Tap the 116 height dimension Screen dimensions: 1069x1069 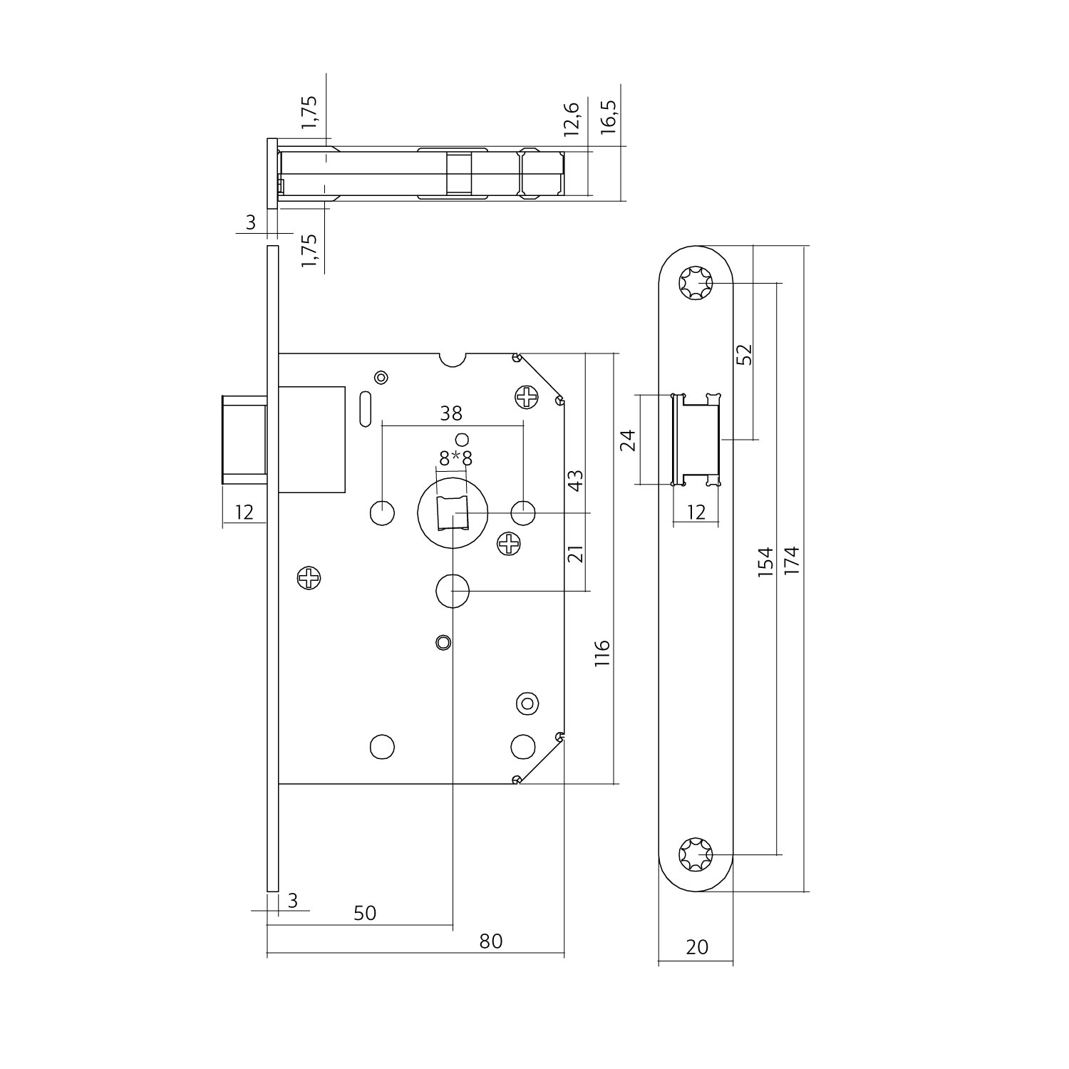pyautogui.click(x=602, y=653)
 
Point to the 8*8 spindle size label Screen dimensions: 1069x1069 pyautogui.click(x=455, y=458)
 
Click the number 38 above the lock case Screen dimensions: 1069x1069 pyautogui.click(x=451, y=413)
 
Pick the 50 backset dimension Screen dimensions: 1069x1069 pyautogui.click(x=364, y=913)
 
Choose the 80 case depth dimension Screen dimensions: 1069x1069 pyautogui.click(x=490, y=941)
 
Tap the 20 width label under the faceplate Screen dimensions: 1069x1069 pyautogui.click(x=697, y=946)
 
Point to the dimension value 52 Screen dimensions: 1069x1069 pyautogui.click(x=744, y=354)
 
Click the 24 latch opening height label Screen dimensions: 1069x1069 pyautogui.click(x=628, y=441)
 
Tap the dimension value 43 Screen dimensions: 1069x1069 pyautogui.click(x=576, y=479)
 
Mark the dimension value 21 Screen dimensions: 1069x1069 pyautogui.click(x=576, y=553)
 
